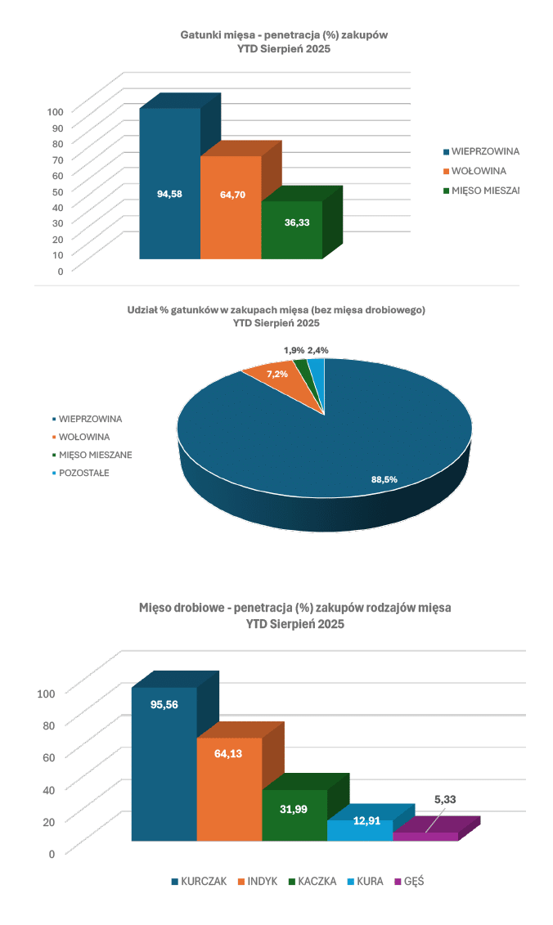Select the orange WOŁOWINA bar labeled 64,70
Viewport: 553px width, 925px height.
231,209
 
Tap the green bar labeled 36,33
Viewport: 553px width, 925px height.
291,231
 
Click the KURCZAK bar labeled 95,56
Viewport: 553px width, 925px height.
164,761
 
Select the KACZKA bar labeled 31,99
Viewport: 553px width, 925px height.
294,815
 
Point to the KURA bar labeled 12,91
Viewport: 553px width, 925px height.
360,831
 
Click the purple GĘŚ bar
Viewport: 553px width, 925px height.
425,837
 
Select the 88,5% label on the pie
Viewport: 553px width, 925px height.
384,480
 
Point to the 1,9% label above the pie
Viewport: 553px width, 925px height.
294,350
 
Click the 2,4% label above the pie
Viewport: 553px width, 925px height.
318,350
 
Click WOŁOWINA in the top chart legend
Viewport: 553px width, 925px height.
479,171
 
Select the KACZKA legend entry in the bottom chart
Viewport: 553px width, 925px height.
316,882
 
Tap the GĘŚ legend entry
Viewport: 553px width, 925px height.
414,882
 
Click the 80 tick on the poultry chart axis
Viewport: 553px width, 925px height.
46,725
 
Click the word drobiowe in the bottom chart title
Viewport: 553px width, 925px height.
199,608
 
